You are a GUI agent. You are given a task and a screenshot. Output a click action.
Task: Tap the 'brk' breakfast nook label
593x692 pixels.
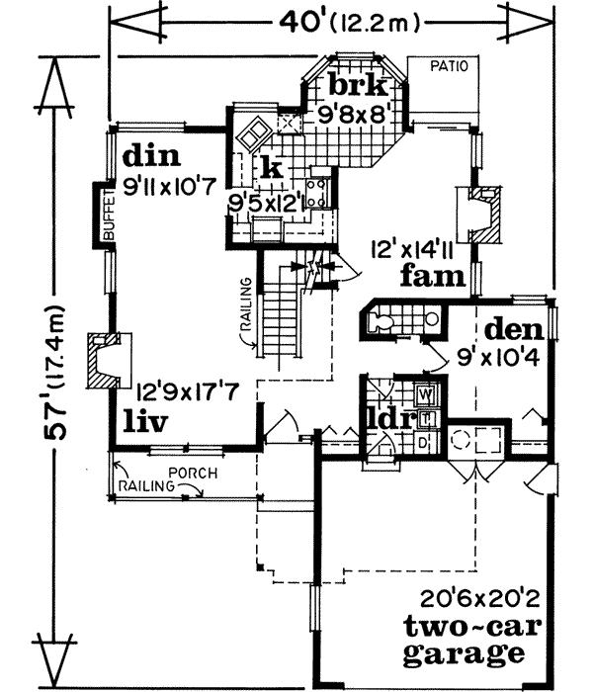point(351,85)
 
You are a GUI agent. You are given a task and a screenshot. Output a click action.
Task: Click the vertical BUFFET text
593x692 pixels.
point(109,216)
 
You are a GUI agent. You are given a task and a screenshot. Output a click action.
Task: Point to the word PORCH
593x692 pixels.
point(194,472)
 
